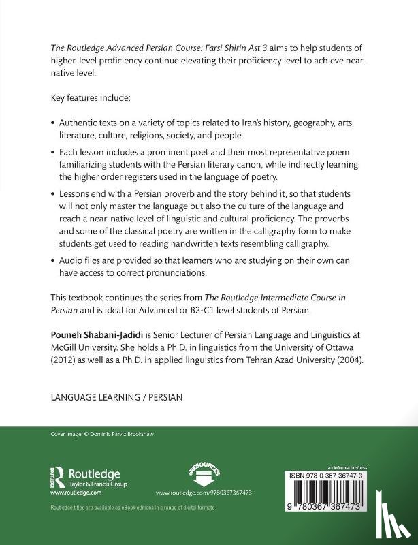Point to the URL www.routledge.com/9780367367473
(x=195, y=492)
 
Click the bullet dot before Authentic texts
(x=53, y=125)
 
